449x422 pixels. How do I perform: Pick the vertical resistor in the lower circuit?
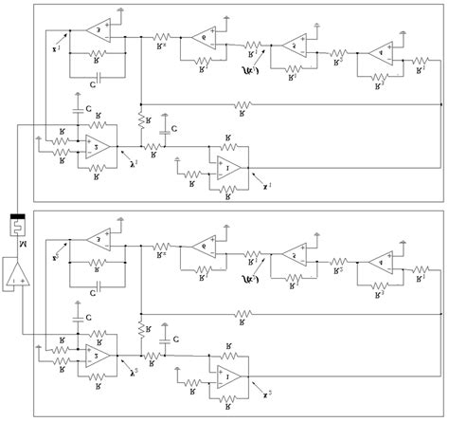(x=139, y=329)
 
